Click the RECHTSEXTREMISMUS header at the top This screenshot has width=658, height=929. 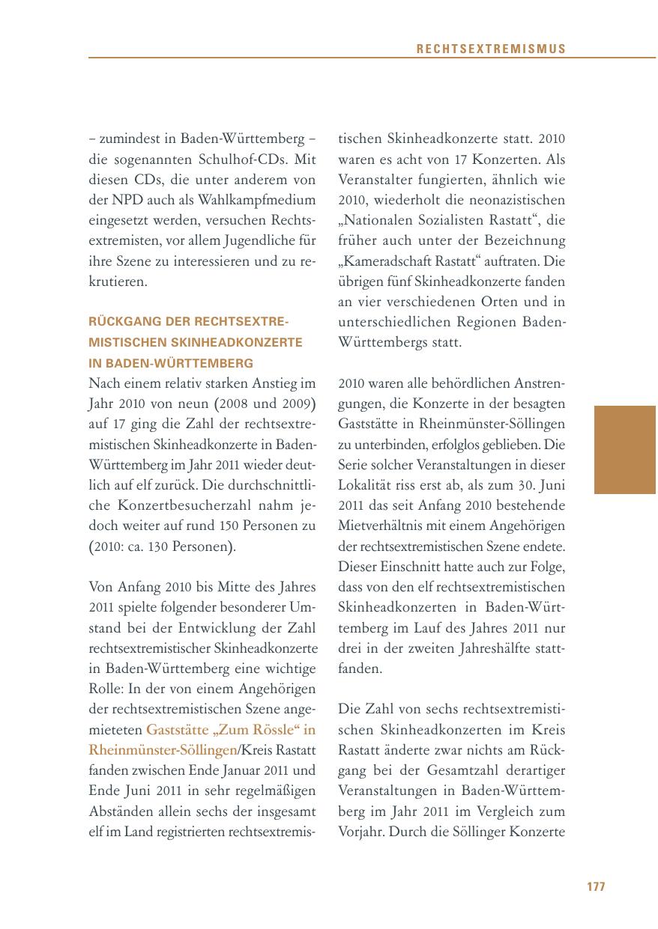point(491,49)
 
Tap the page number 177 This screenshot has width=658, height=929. point(596,886)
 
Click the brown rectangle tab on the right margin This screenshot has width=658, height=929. point(625,450)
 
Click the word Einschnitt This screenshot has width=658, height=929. point(411,567)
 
